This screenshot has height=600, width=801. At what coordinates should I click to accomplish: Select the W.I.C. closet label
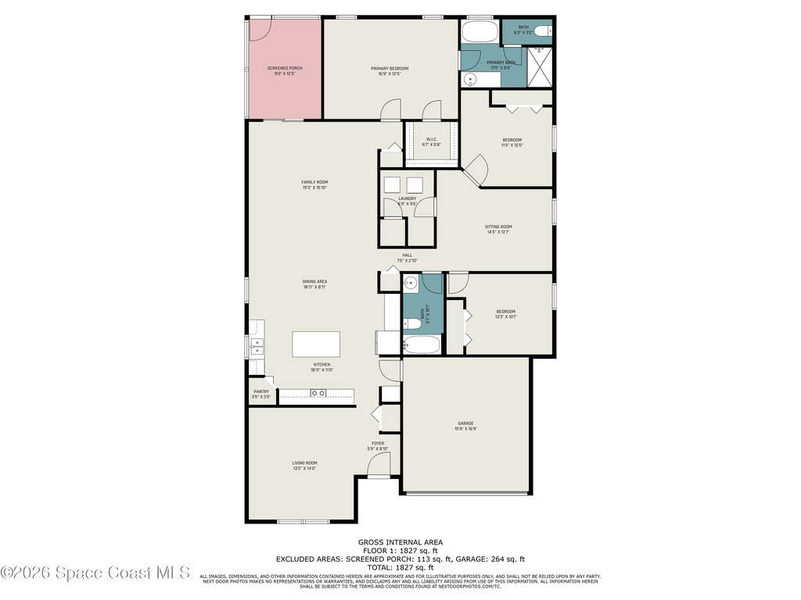[x=432, y=142]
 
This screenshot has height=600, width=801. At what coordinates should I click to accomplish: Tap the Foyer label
[x=378, y=445]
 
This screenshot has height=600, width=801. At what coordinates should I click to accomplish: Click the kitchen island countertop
[x=316, y=344]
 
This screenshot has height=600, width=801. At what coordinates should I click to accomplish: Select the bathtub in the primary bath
[x=477, y=33]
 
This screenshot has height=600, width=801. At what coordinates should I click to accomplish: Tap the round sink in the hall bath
[x=411, y=283]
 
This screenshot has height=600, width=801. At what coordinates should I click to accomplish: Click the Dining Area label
[x=314, y=284]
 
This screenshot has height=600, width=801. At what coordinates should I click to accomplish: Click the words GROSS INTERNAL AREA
[x=400, y=542]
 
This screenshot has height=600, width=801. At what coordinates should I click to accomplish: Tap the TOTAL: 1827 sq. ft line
[x=400, y=567]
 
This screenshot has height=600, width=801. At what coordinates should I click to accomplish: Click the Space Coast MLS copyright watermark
[x=95, y=573]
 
